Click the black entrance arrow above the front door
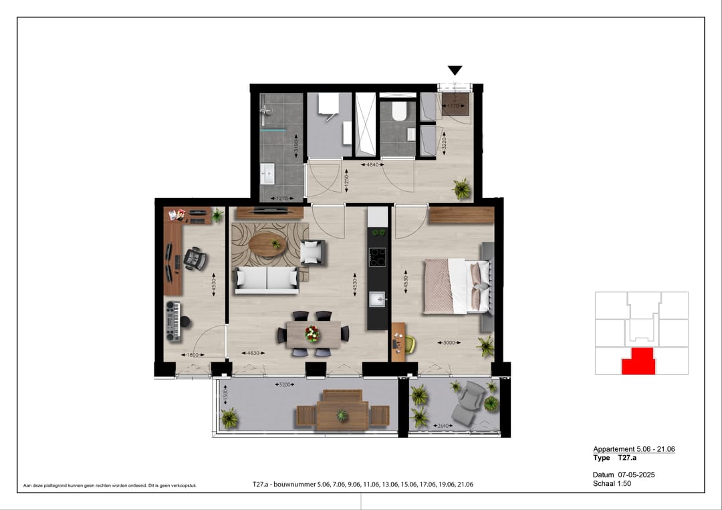(455, 70)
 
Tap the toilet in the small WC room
(400, 111)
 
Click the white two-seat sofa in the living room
(266, 280)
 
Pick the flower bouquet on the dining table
(312, 332)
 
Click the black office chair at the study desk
(194, 259)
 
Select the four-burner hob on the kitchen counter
(378, 257)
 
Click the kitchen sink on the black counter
(378, 298)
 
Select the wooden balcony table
(342, 410)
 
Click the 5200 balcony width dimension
(285, 385)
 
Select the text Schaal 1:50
(612, 483)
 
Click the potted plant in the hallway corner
(461, 188)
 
